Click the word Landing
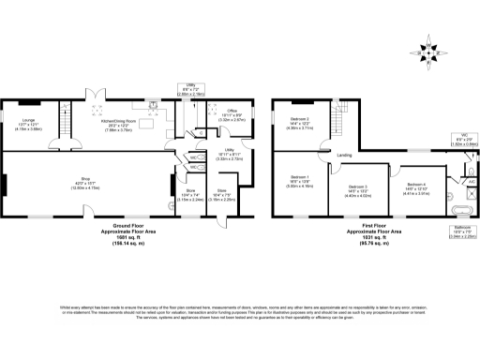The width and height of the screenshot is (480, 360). (344, 154)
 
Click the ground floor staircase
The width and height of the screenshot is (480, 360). (66, 110)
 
